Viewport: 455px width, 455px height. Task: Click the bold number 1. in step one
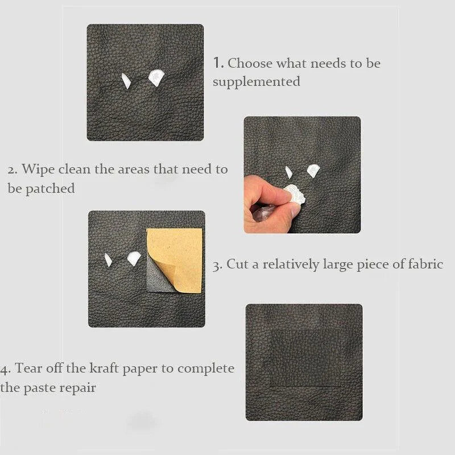219,63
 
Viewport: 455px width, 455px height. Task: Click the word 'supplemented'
257,81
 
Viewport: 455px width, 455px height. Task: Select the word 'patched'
50,188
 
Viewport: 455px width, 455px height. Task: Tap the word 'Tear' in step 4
28,368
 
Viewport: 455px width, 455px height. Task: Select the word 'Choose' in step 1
250,63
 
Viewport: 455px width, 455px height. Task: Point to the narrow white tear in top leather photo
126,81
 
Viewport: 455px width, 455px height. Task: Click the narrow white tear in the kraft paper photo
108,260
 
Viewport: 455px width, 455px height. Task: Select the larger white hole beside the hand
313,169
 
